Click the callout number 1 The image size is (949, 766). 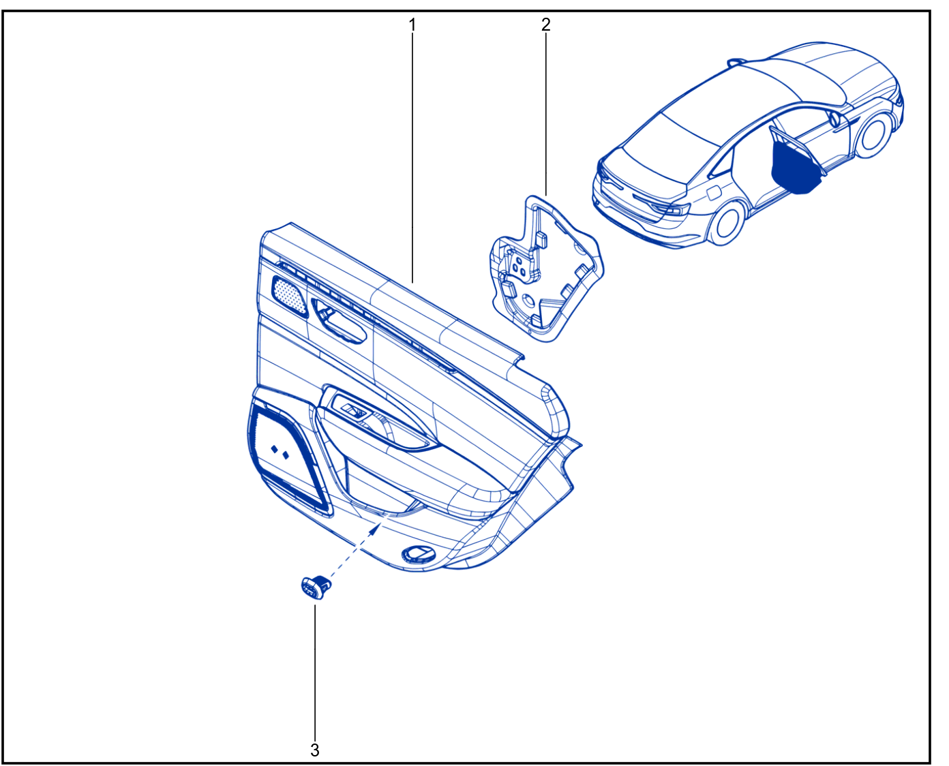pyautogui.click(x=412, y=25)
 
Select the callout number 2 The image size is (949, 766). pyautogui.click(x=546, y=25)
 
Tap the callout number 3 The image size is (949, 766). pyautogui.click(x=314, y=750)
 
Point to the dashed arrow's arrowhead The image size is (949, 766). pyautogui.click(x=376, y=529)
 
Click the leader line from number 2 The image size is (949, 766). pyautogui.click(x=546, y=115)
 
